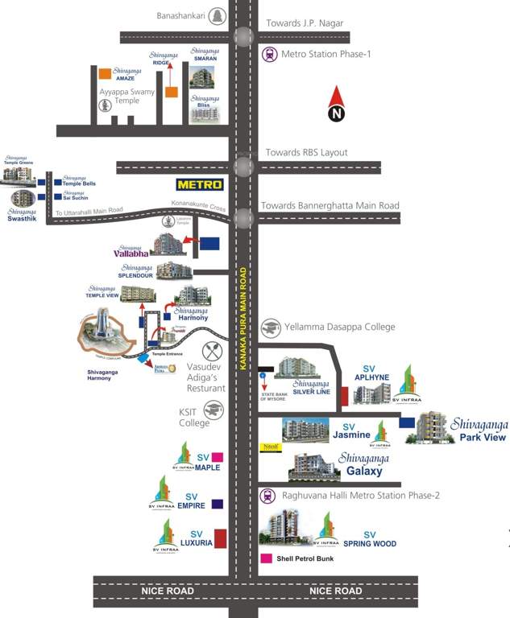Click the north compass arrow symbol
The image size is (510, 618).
click(337, 105)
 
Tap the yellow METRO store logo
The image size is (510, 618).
click(200, 184)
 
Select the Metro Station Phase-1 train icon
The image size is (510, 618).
click(270, 55)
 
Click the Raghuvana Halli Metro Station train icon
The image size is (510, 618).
click(268, 496)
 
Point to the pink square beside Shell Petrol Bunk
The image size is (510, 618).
click(266, 558)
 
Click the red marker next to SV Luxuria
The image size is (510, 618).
click(220, 538)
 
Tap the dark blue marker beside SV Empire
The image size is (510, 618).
click(218, 505)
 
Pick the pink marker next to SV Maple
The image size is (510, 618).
click(217, 458)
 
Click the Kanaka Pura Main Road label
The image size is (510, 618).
click(243, 319)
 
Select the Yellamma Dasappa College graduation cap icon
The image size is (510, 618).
click(272, 327)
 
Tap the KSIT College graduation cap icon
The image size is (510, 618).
click(213, 412)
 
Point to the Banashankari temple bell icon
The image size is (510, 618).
click(217, 15)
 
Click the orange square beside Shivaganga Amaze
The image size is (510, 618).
click(105, 74)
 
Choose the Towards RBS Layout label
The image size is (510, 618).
click(306, 153)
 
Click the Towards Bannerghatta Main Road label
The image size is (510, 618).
click(330, 206)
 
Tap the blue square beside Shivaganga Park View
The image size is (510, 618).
click(407, 422)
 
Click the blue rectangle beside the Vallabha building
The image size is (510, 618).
click(209, 242)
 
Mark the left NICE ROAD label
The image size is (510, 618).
click(168, 591)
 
